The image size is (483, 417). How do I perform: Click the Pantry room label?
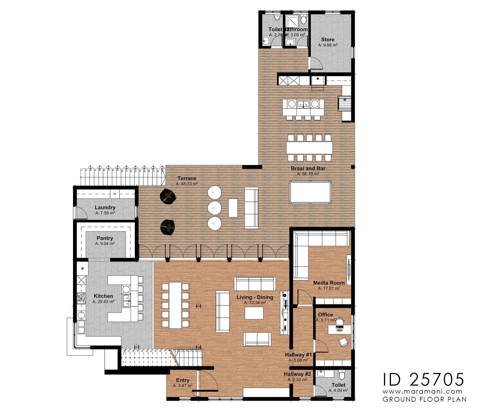coord(105,238)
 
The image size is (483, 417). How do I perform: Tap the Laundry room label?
coord(105,207)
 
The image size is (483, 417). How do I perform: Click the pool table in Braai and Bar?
coord(310,192)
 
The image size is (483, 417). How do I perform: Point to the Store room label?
coord(328,39)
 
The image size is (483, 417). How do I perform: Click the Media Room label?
coord(329,283)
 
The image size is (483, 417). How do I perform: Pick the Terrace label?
coord(187,178)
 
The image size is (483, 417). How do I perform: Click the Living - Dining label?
coord(255,297)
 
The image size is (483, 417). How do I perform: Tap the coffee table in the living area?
coord(254,313)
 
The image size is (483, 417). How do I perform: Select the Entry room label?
coord(183,380)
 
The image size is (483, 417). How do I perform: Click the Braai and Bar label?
coord(308,169)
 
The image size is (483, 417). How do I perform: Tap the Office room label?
coord(325,314)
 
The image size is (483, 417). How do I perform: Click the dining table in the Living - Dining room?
coord(175,306)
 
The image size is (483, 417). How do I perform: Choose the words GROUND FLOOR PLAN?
coord(425,399)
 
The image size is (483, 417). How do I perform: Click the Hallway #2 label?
coord(297,374)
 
